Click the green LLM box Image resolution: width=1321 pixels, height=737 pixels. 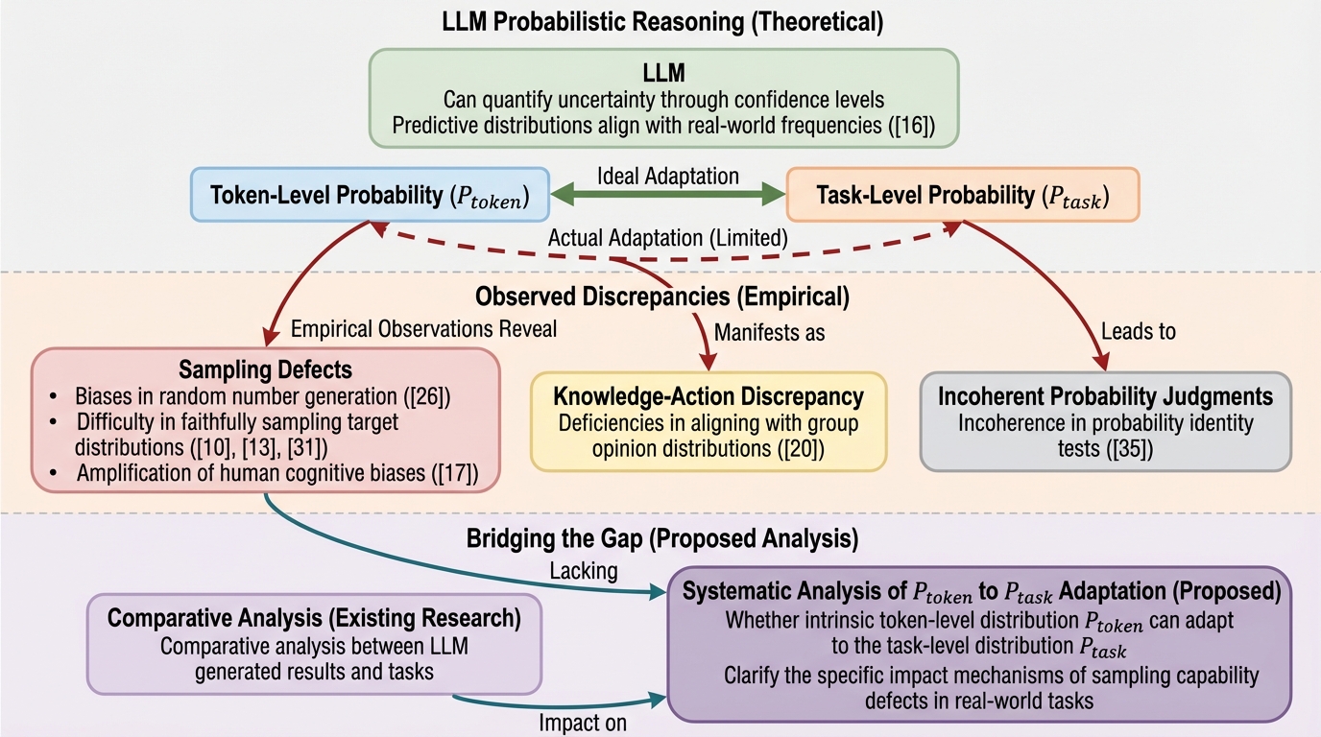[663, 98]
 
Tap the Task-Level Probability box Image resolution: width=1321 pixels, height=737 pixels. [962, 196]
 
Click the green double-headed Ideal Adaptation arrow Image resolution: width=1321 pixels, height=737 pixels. [668, 196]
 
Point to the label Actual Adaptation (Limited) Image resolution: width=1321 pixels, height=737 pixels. [668, 237]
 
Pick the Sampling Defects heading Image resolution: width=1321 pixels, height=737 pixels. [266, 369]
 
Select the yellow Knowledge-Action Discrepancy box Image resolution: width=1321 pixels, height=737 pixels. [709, 420]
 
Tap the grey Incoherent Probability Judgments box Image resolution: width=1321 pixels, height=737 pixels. [1105, 420]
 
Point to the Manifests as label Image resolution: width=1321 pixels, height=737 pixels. [770, 333]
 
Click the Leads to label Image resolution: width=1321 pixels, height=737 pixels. [1140, 332]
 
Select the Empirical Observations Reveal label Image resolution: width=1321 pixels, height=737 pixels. [423, 328]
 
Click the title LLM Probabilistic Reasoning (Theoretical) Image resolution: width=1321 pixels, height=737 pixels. [660, 20]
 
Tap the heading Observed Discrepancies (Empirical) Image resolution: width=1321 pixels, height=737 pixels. [662, 297]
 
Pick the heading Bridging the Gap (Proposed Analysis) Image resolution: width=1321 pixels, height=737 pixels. [660, 539]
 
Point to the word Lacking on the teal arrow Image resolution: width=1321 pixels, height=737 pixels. [583, 571]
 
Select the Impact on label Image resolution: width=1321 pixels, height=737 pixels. [583, 722]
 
